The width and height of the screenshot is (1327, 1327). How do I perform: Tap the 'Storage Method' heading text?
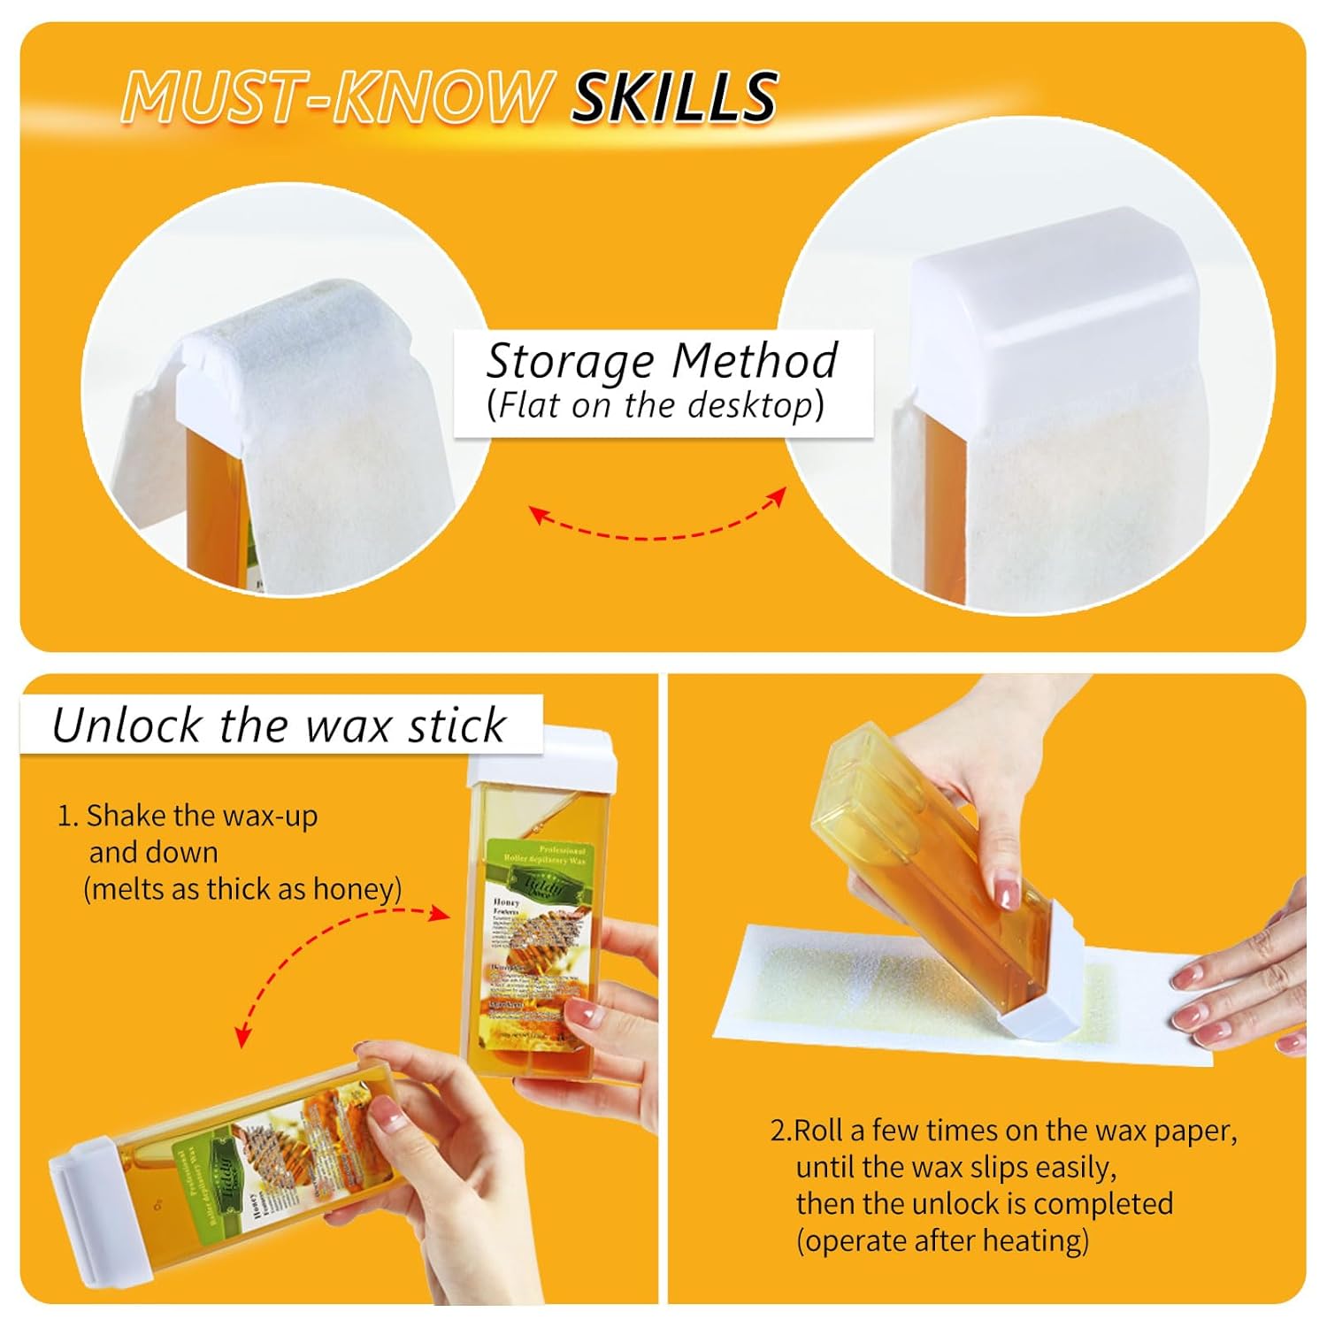tap(662, 360)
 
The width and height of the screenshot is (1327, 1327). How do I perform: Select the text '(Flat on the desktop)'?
tap(655, 405)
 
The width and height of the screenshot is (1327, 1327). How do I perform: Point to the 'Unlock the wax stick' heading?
tap(279, 725)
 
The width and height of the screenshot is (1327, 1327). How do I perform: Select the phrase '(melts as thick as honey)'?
tap(242, 888)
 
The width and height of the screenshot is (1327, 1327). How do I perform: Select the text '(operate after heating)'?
tap(942, 1240)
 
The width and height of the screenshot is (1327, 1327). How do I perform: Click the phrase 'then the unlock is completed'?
tap(984, 1204)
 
